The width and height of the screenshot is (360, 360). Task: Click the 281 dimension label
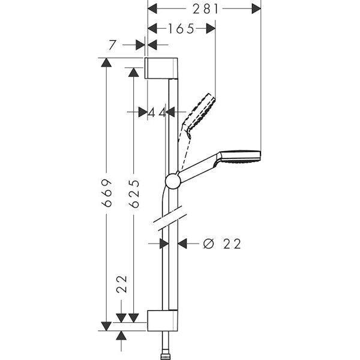click(205, 9)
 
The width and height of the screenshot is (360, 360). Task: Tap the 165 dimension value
click(181, 29)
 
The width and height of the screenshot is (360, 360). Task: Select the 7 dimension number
click(112, 45)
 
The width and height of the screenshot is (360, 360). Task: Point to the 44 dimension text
click(157, 113)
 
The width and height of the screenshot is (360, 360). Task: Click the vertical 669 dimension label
click(107, 193)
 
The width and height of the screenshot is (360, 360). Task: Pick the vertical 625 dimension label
click(134, 194)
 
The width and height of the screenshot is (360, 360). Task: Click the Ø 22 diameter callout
click(222, 244)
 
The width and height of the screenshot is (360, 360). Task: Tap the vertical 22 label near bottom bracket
click(122, 284)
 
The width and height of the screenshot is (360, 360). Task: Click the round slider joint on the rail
click(173, 181)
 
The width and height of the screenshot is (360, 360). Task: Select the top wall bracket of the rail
click(161, 68)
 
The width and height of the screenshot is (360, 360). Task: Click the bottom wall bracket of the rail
click(163, 320)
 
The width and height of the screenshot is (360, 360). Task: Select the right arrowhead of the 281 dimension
click(256, 9)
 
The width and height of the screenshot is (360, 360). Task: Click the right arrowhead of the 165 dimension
click(211, 29)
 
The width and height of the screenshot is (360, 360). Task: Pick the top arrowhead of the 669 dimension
click(106, 62)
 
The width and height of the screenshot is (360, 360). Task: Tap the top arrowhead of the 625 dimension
click(134, 72)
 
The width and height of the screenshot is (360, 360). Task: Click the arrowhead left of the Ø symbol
click(182, 244)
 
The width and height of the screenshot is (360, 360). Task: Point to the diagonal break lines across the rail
click(170, 218)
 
